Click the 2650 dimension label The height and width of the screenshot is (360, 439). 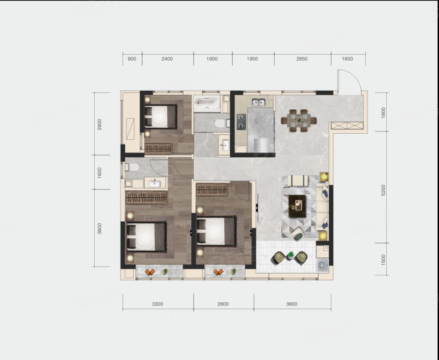[x=302, y=59]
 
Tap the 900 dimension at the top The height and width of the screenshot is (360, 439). [x=132, y=59]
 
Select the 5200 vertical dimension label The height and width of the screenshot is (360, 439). [x=383, y=190]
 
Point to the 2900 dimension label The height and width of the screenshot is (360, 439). [x=100, y=124]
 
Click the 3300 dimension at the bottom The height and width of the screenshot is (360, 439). [x=158, y=304]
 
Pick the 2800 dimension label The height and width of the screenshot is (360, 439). [x=223, y=304]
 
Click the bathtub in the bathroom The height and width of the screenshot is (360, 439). [x=207, y=103]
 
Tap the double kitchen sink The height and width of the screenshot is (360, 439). [x=258, y=102]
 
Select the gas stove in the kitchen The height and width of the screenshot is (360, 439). [x=241, y=122]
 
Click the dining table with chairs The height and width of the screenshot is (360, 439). [x=299, y=121]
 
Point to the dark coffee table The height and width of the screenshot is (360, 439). [x=297, y=206]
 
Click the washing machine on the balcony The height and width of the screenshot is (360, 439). [x=322, y=265]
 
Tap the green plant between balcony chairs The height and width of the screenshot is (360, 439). [x=291, y=255]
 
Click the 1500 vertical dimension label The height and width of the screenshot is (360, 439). [x=383, y=260]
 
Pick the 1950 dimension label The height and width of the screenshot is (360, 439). [x=252, y=59]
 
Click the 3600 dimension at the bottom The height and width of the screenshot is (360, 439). [x=291, y=304]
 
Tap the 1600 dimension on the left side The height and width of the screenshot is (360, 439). [x=100, y=173]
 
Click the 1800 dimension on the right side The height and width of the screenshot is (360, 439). [x=383, y=113]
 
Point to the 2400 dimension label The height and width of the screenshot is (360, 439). [x=167, y=59]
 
